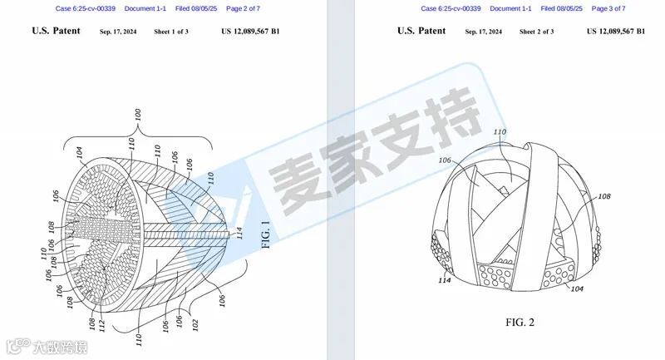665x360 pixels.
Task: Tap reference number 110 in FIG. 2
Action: coord(500,133)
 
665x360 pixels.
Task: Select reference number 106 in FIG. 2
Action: coord(468,160)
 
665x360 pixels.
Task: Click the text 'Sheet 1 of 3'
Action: coord(173,32)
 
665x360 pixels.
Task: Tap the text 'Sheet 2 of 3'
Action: coord(539,32)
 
